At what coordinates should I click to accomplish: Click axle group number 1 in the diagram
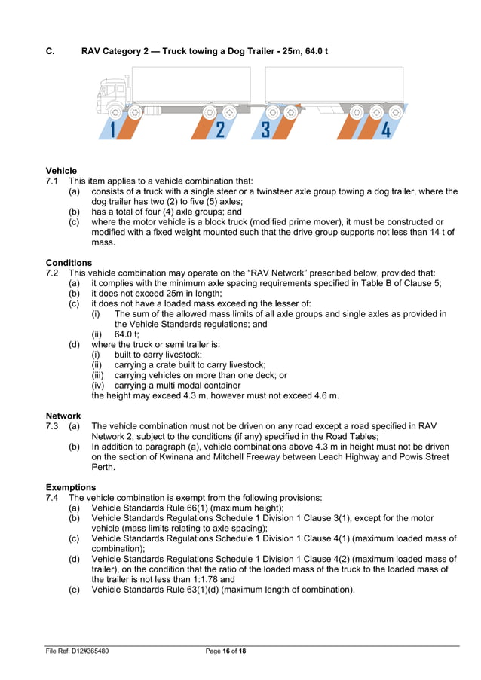tap(112, 130)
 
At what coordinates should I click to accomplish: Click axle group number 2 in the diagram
tap(219, 130)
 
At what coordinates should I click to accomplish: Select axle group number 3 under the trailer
tap(265, 130)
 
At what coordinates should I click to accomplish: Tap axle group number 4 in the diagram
tap(385, 130)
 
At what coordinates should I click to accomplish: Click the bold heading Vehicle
tap(61, 171)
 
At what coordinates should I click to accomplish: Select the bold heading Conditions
tap(69, 263)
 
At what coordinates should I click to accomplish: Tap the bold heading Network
tap(63, 416)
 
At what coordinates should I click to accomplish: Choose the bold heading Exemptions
tap(71, 487)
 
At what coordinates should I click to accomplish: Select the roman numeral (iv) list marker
tap(98, 385)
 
